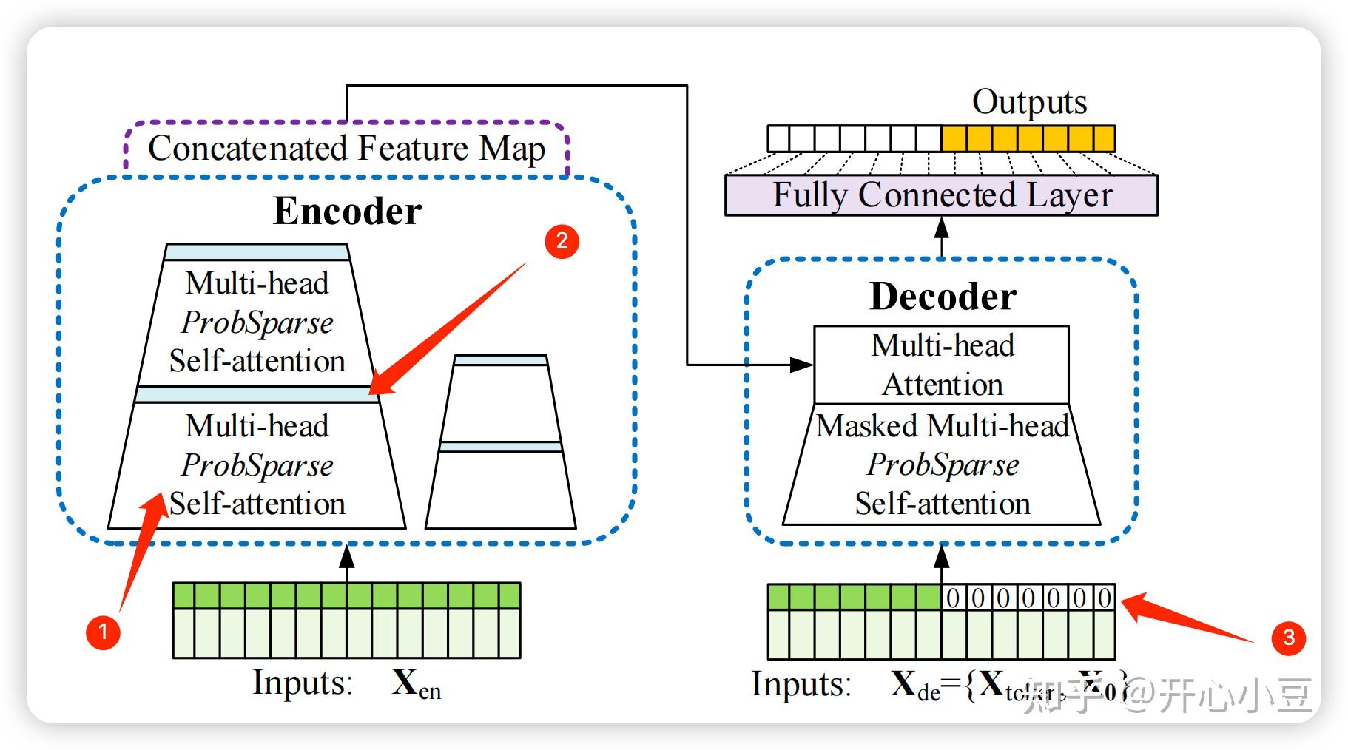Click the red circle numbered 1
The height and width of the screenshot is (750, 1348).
click(103, 632)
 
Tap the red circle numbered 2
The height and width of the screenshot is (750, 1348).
click(562, 240)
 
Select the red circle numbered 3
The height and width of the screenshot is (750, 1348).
click(1288, 638)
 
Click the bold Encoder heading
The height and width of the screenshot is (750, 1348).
click(347, 212)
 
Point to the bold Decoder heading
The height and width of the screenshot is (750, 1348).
click(943, 297)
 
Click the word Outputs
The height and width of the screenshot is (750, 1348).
click(1029, 102)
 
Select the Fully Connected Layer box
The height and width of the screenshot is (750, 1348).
click(941, 195)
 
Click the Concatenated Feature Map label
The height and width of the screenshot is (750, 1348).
click(346, 148)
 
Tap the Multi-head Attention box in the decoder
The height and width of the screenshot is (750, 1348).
click(941, 365)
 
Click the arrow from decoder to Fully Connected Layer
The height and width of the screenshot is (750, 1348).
click(941, 235)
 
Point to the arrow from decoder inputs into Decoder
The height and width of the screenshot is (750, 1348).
click(941, 564)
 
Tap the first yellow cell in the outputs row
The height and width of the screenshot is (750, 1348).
click(954, 138)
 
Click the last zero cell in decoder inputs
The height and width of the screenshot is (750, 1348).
click(1104, 597)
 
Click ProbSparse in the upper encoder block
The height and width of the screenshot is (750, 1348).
click(257, 322)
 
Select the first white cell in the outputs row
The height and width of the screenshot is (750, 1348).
click(779, 138)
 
